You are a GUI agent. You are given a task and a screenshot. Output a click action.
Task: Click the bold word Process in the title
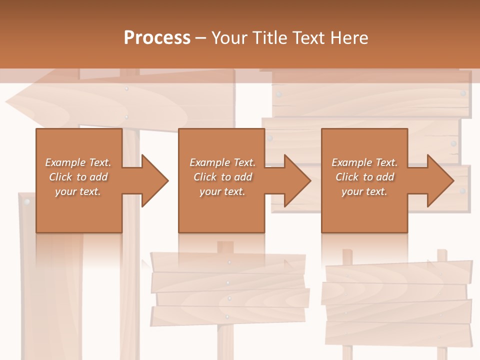pyautogui.click(x=157, y=37)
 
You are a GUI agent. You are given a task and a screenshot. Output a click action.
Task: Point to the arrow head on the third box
pyautogui.click(x=439, y=180)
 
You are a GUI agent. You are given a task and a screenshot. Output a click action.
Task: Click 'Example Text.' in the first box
pyautogui.click(x=78, y=162)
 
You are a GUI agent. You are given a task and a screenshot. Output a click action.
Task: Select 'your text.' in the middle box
pyautogui.click(x=222, y=191)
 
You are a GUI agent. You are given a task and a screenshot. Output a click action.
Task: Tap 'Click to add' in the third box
pyautogui.click(x=364, y=177)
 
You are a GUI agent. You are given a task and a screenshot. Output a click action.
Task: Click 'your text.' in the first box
pyautogui.click(x=78, y=191)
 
